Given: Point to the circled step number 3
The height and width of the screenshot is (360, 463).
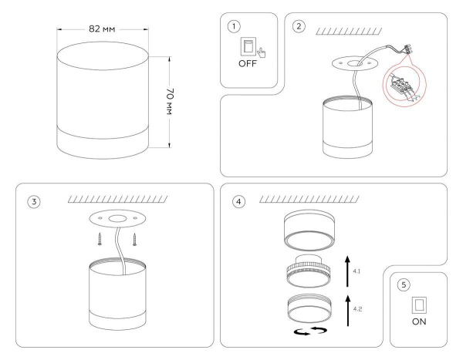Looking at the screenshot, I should (x=33, y=202).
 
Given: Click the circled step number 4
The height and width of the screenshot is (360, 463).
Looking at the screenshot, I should (x=239, y=202).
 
